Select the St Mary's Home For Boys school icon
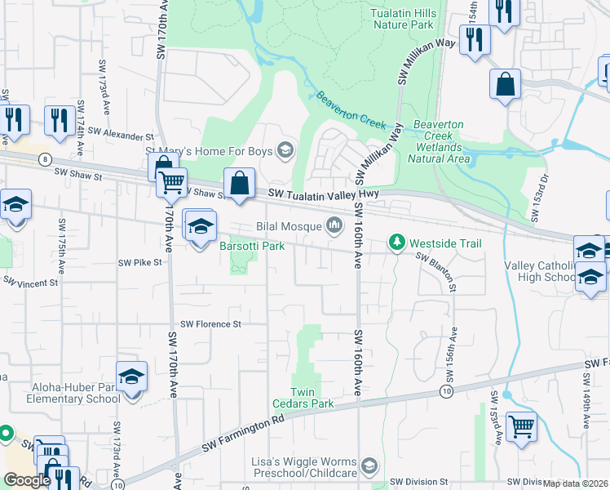(x=285, y=149)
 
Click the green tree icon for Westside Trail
(x=397, y=243)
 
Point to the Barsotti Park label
(x=251, y=246)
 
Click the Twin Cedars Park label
(x=313, y=403)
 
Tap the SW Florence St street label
(x=211, y=323)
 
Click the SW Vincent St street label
(x=32, y=282)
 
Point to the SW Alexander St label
(x=121, y=132)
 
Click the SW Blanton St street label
(x=436, y=271)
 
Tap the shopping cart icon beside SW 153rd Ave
(x=521, y=426)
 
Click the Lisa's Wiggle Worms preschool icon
(x=369, y=465)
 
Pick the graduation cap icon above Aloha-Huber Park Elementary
(x=131, y=376)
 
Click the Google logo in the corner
(x=27, y=480)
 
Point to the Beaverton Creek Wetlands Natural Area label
(x=441, y=141)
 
